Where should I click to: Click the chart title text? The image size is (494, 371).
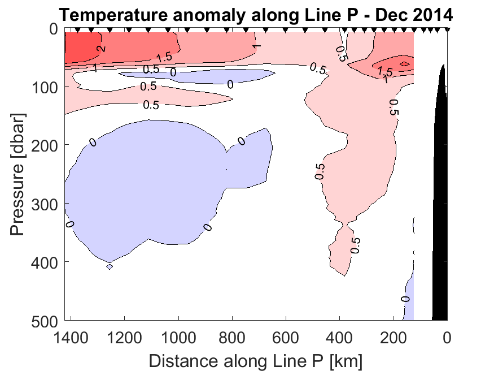pyautogui.click(x=256, y=13)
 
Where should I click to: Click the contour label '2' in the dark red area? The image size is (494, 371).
pyautogui.click(x=102, y=49)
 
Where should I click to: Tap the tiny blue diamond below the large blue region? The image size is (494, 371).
pyautogui.click(x=110, y=266)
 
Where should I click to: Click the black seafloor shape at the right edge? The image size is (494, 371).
pyautogui.click(x=441, y=198)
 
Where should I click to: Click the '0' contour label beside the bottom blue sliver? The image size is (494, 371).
pyautogui.click(x=405, y=299)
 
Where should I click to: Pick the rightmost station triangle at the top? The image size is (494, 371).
pyautogui.click(x=447, y=29)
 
